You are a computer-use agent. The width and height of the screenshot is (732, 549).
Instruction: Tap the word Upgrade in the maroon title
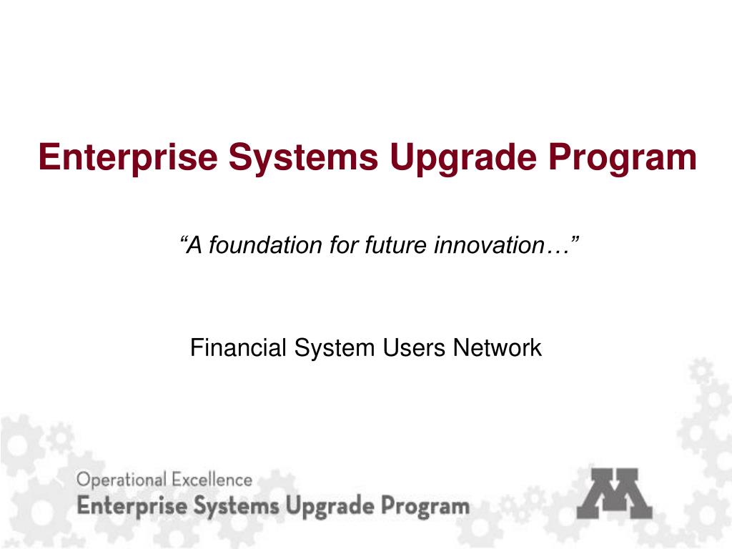click(x=463, y=157)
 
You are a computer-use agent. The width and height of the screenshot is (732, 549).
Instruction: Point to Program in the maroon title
click(x=623, y=157)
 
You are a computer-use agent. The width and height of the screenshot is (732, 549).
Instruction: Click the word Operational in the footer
click(x=121, y=480)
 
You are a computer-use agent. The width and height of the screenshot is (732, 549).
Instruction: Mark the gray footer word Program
click(x=425, y=507)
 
